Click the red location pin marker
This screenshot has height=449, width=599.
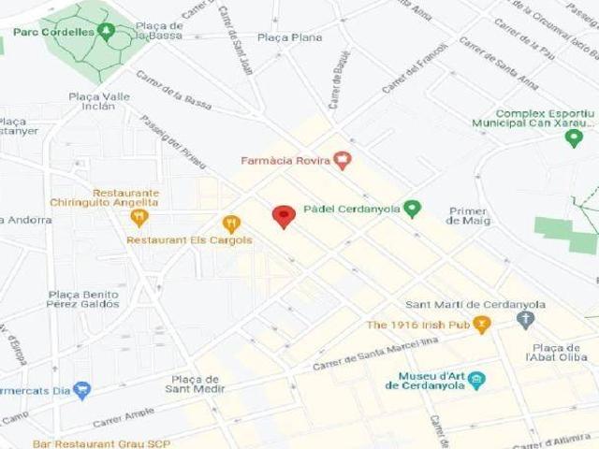(x=284, y=216)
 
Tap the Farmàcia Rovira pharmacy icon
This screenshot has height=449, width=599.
(x=343, y=161)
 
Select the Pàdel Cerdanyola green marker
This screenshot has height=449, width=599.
(x=412, y=209)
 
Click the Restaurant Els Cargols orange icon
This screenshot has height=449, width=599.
(x=231, y=224)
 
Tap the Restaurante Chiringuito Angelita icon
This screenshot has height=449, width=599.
(x=139, y=218)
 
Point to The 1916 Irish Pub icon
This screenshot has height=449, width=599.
(x=482, y=325)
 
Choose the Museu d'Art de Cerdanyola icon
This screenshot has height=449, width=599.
(x=477, y=380)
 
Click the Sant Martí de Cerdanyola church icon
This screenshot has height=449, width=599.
(x=525, y=320)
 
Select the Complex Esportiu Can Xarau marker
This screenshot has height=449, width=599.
(x=574, y=138)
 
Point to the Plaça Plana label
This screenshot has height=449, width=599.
(x=289, y=37)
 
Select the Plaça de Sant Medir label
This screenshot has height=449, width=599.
(x=193, y=384)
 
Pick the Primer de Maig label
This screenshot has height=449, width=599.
(x=468, y=215)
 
